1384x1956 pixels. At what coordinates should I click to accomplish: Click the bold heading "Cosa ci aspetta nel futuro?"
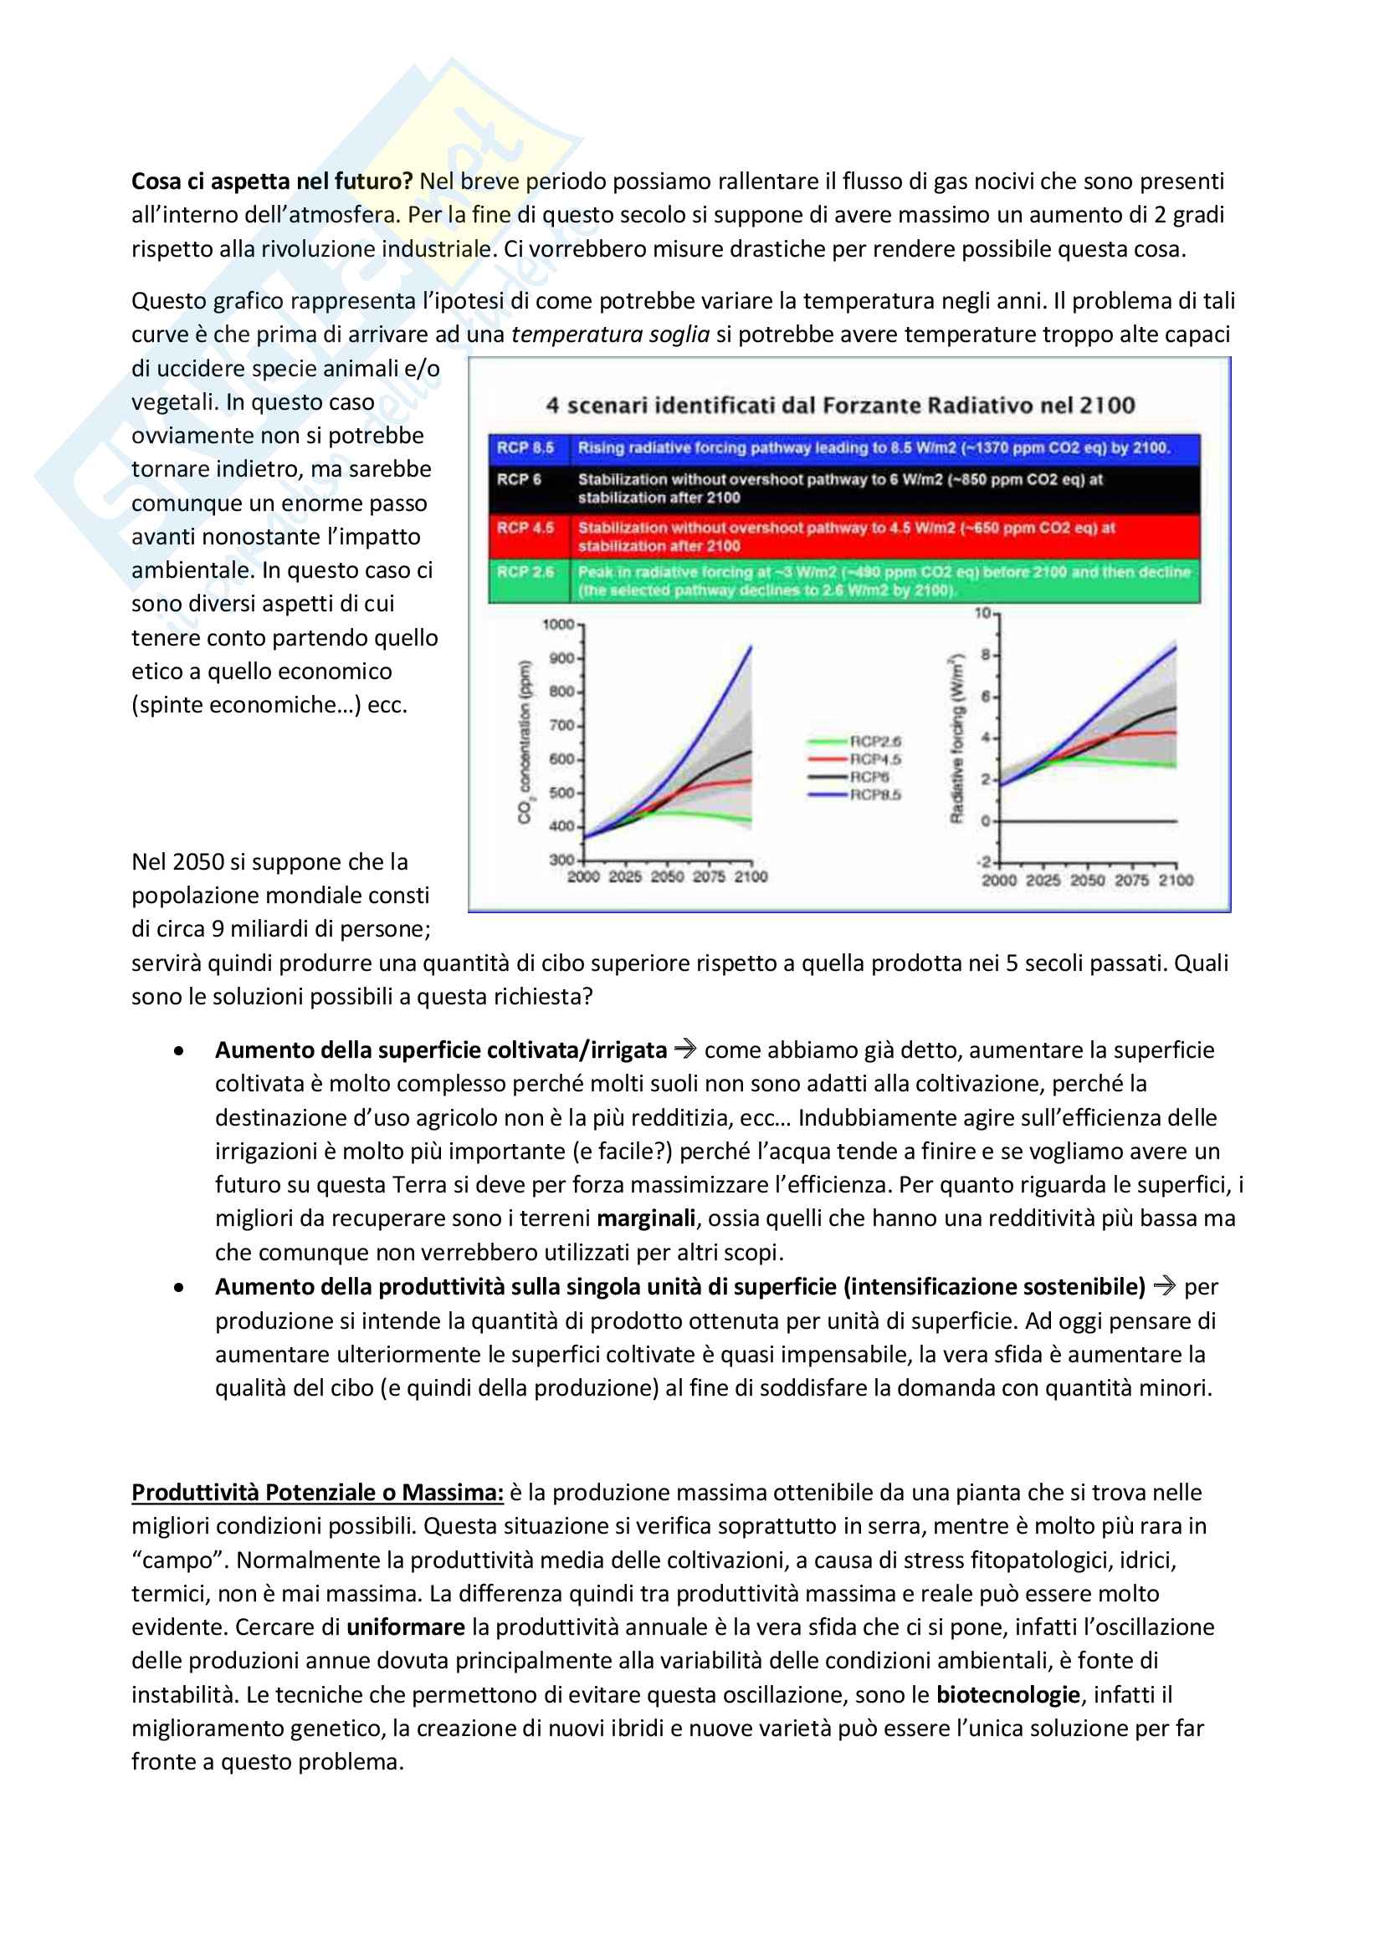click(272, 181)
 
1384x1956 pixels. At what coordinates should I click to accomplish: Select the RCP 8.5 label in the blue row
click(525, 448)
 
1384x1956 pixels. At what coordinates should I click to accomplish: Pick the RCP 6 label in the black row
click(519, 480)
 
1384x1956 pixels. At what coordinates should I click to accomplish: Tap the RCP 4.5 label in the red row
click(525, 529)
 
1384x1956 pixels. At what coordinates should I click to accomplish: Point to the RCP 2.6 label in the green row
click(525, 572)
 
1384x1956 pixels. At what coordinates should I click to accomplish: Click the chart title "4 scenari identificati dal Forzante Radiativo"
click(839, 406)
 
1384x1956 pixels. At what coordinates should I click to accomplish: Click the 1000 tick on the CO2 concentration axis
click(558, 625)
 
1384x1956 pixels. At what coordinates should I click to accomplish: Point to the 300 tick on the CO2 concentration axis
click(561, 860)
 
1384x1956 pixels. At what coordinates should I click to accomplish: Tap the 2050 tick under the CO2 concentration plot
click(667, 876)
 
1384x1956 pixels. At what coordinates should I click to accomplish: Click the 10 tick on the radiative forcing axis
click(982, 612)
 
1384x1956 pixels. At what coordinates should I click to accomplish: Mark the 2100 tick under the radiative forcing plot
click(1176, 880)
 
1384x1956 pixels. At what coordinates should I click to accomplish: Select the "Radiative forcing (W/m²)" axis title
click(956, 738)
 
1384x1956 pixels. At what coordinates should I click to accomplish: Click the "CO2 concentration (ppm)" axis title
click(524, 742)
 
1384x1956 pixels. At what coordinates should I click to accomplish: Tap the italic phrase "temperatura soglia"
click(610, 335)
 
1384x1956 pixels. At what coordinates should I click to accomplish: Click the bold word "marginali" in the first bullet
click(646, 1218)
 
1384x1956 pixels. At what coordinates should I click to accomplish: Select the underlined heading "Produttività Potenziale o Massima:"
click(317, 1493)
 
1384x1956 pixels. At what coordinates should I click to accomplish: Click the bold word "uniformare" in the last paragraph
click(406, 1627)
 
